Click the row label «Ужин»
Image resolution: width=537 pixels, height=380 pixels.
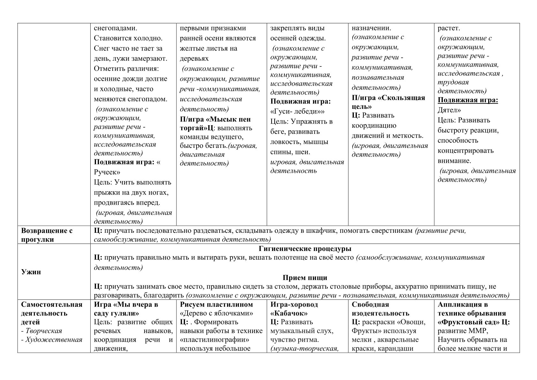(31, 272)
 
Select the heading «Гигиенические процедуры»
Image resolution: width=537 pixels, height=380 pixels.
(305, 249)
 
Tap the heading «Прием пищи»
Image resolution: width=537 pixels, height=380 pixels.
(305, 278)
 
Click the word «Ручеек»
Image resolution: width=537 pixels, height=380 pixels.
(107, 172)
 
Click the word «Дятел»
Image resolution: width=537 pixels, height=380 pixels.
(449, 110)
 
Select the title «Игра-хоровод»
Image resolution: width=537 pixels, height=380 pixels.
(294, 304)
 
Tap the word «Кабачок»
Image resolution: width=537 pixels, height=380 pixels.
(289, 313)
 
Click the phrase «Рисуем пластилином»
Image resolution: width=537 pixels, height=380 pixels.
(216, 304)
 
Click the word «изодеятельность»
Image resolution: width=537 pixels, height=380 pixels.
(380, 313)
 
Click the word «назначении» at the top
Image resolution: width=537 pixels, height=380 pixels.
(371, 28)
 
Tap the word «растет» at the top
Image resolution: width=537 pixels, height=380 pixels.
(449, 28)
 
